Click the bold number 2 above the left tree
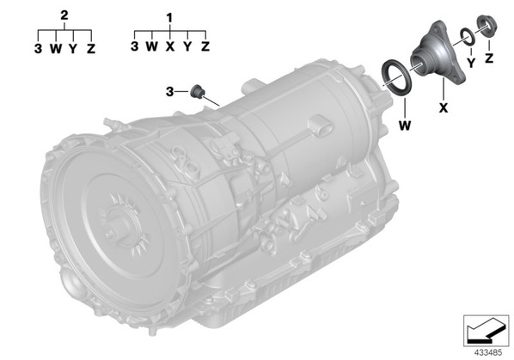pos(64,15)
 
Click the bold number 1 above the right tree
pos(169,18)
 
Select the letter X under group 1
pos(170,46)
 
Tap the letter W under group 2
pos(56,49)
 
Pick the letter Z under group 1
pos(205,46)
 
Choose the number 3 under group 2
pos(38,49)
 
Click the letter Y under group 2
pos(73,49)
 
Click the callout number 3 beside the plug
pos(169,92)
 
